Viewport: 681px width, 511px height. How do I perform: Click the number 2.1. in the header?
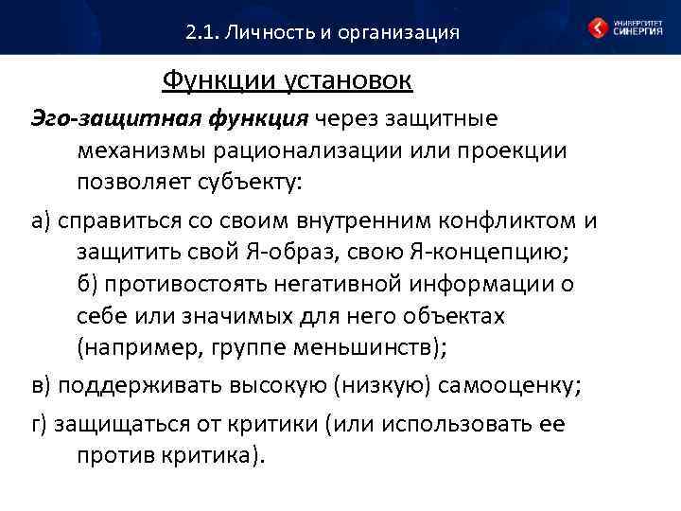[x=202, y=33]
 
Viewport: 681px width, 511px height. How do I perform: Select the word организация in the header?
[x=398, y=33]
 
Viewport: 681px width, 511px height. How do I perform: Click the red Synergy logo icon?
[x=599, y=28]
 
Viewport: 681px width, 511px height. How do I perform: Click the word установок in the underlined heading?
[x=348, y=80]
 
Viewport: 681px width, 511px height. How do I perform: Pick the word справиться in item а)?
[x=118, y=221]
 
